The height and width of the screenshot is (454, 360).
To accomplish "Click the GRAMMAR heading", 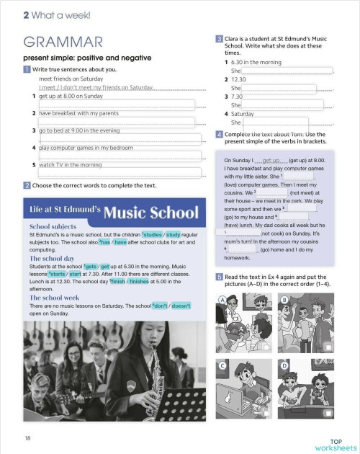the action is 63,42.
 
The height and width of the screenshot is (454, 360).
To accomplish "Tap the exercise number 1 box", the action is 27,69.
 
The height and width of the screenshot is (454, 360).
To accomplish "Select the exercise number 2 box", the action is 27,185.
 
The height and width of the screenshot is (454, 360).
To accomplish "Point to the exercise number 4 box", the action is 219,134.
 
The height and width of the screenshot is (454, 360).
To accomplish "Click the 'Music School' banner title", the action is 150,213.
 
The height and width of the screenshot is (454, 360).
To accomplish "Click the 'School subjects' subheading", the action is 53,226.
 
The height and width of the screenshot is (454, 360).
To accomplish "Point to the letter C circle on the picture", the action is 223,365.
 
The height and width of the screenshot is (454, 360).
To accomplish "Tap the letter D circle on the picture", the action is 284,365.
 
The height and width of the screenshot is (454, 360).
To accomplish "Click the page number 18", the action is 27,437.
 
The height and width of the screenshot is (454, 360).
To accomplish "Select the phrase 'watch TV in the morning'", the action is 70,165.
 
